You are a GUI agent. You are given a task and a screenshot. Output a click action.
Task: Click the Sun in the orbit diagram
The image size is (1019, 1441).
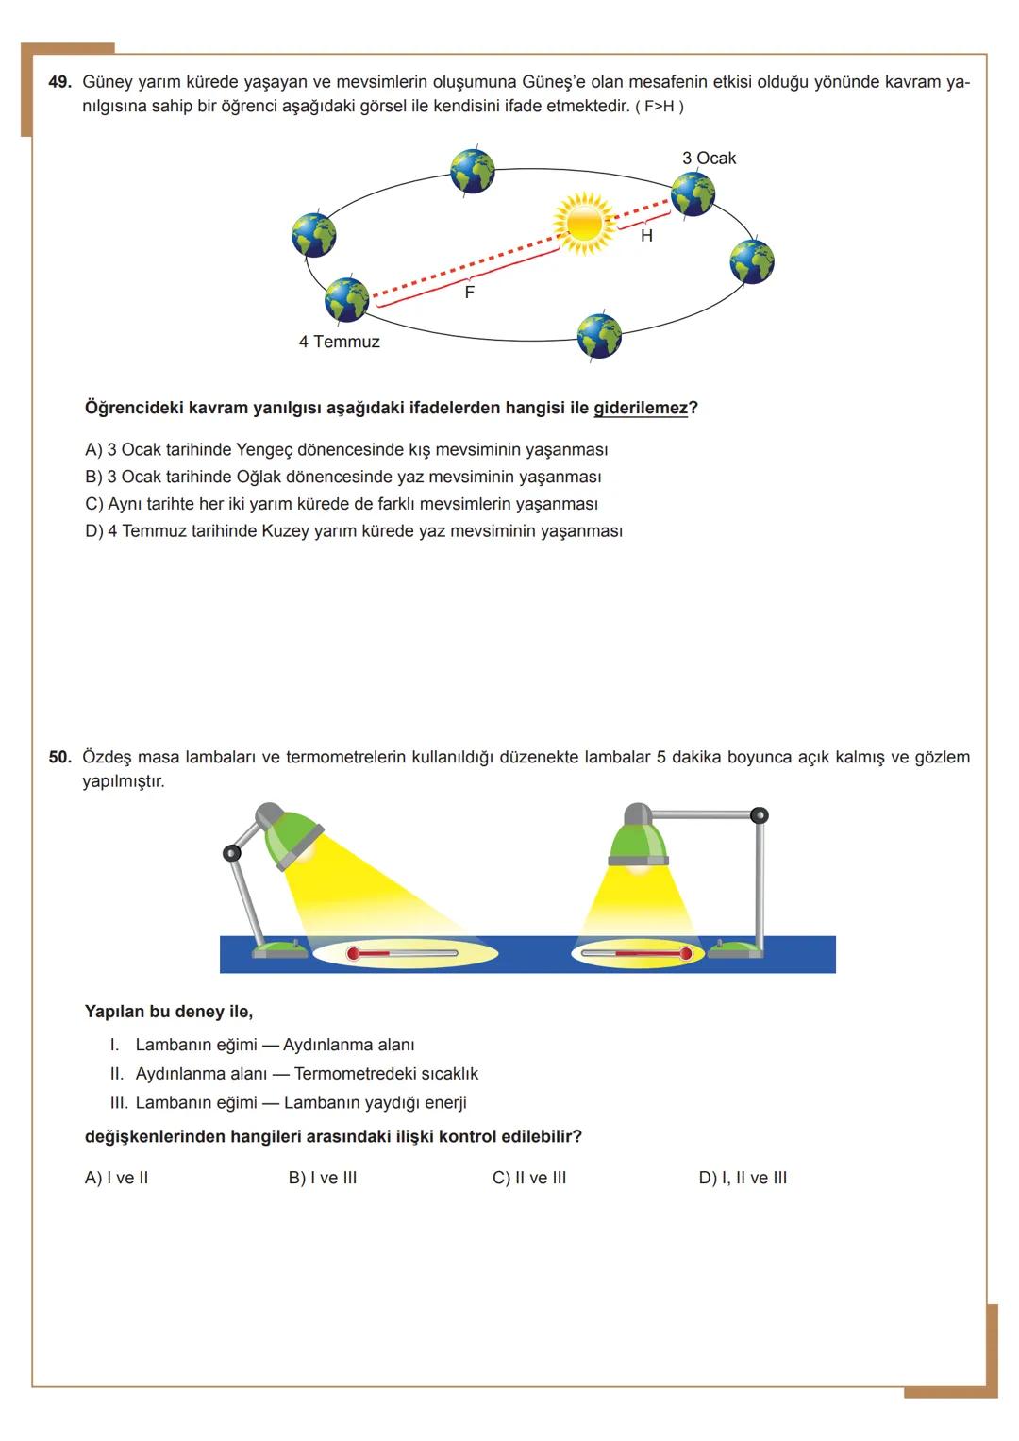583,224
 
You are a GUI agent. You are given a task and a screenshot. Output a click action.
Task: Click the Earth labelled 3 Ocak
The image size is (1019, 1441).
693,194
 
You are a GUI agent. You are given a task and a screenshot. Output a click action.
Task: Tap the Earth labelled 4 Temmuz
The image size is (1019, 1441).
347,300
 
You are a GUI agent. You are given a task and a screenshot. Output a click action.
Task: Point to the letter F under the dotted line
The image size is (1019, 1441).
470,293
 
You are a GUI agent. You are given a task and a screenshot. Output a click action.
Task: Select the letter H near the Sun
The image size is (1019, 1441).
646,236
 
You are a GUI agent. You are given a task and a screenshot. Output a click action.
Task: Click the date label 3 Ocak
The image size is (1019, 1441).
709,159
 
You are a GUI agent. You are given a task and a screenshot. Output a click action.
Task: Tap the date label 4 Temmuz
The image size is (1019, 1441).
339,342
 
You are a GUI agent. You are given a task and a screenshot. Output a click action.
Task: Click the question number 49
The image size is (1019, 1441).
59,82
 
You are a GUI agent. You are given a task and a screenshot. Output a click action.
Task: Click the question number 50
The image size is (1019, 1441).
59,757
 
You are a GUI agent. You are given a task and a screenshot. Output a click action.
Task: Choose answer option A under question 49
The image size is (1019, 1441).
345,449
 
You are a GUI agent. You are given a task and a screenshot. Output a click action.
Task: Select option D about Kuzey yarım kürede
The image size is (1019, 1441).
353,530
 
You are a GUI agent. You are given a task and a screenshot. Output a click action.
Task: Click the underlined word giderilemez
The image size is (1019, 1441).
640,408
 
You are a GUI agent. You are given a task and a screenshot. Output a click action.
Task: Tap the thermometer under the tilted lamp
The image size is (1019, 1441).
403,954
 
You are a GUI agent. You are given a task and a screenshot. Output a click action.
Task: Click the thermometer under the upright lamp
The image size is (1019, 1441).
637,954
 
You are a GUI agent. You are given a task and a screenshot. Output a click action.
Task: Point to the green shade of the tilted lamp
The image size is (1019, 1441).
292,839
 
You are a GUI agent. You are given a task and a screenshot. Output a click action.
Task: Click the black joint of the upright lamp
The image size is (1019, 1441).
759,814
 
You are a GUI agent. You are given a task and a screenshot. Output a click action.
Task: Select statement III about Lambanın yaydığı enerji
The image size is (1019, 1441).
289,1102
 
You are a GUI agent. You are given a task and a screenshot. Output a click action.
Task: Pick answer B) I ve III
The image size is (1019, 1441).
323,1178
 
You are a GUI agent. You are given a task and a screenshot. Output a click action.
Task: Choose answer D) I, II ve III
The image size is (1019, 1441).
743,1178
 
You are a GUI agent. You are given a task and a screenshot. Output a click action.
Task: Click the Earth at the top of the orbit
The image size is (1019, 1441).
473,171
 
